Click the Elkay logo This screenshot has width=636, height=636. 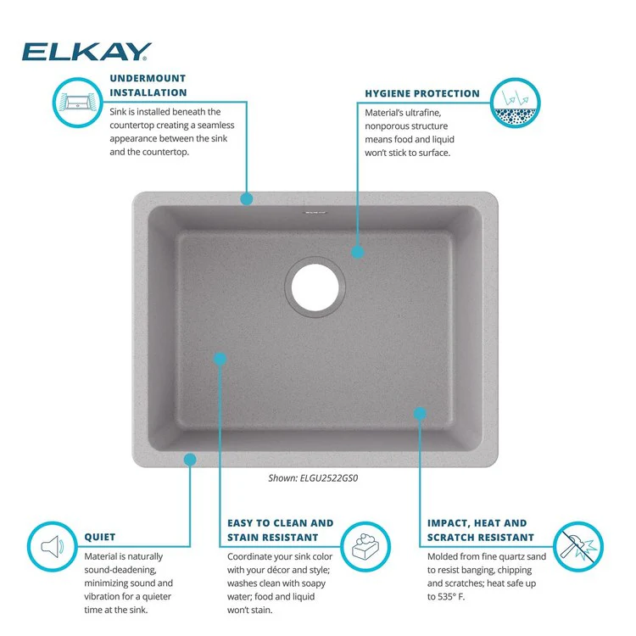86,52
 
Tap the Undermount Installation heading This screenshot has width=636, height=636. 148,85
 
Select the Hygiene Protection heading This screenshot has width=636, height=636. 422,93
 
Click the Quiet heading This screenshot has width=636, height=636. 100,537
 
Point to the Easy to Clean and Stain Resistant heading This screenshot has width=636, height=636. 281,530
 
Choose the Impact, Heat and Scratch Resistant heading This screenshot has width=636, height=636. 480,530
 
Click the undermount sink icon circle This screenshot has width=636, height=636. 77,103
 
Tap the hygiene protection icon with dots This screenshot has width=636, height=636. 515,103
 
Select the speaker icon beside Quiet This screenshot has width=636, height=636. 53,546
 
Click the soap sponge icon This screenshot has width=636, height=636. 365,546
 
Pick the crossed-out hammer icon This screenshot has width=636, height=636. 578,546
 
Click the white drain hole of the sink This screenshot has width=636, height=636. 315,287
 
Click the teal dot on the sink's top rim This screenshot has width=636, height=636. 247,198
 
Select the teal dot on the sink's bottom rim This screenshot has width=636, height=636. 190,460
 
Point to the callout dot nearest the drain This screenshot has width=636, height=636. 357,253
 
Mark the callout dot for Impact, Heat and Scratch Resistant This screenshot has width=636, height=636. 420,413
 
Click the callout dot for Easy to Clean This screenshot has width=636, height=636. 220,359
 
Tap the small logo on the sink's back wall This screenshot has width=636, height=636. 315,212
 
